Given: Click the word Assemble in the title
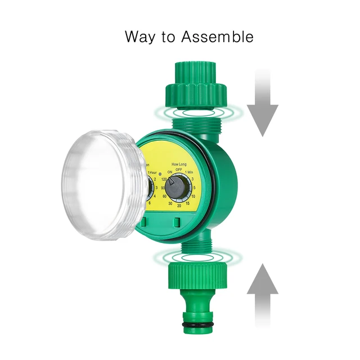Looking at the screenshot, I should [x=217, y=37].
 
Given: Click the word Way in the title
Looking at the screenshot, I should [x=141, y=38].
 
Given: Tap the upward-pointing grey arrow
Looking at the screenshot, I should [x=262, y=292].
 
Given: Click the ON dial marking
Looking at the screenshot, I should [x=169, y=172].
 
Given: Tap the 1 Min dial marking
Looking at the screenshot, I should [x=190, y=172].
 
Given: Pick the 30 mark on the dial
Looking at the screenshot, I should [x=170, y=203].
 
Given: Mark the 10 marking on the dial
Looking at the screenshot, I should [x=193, y=196].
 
